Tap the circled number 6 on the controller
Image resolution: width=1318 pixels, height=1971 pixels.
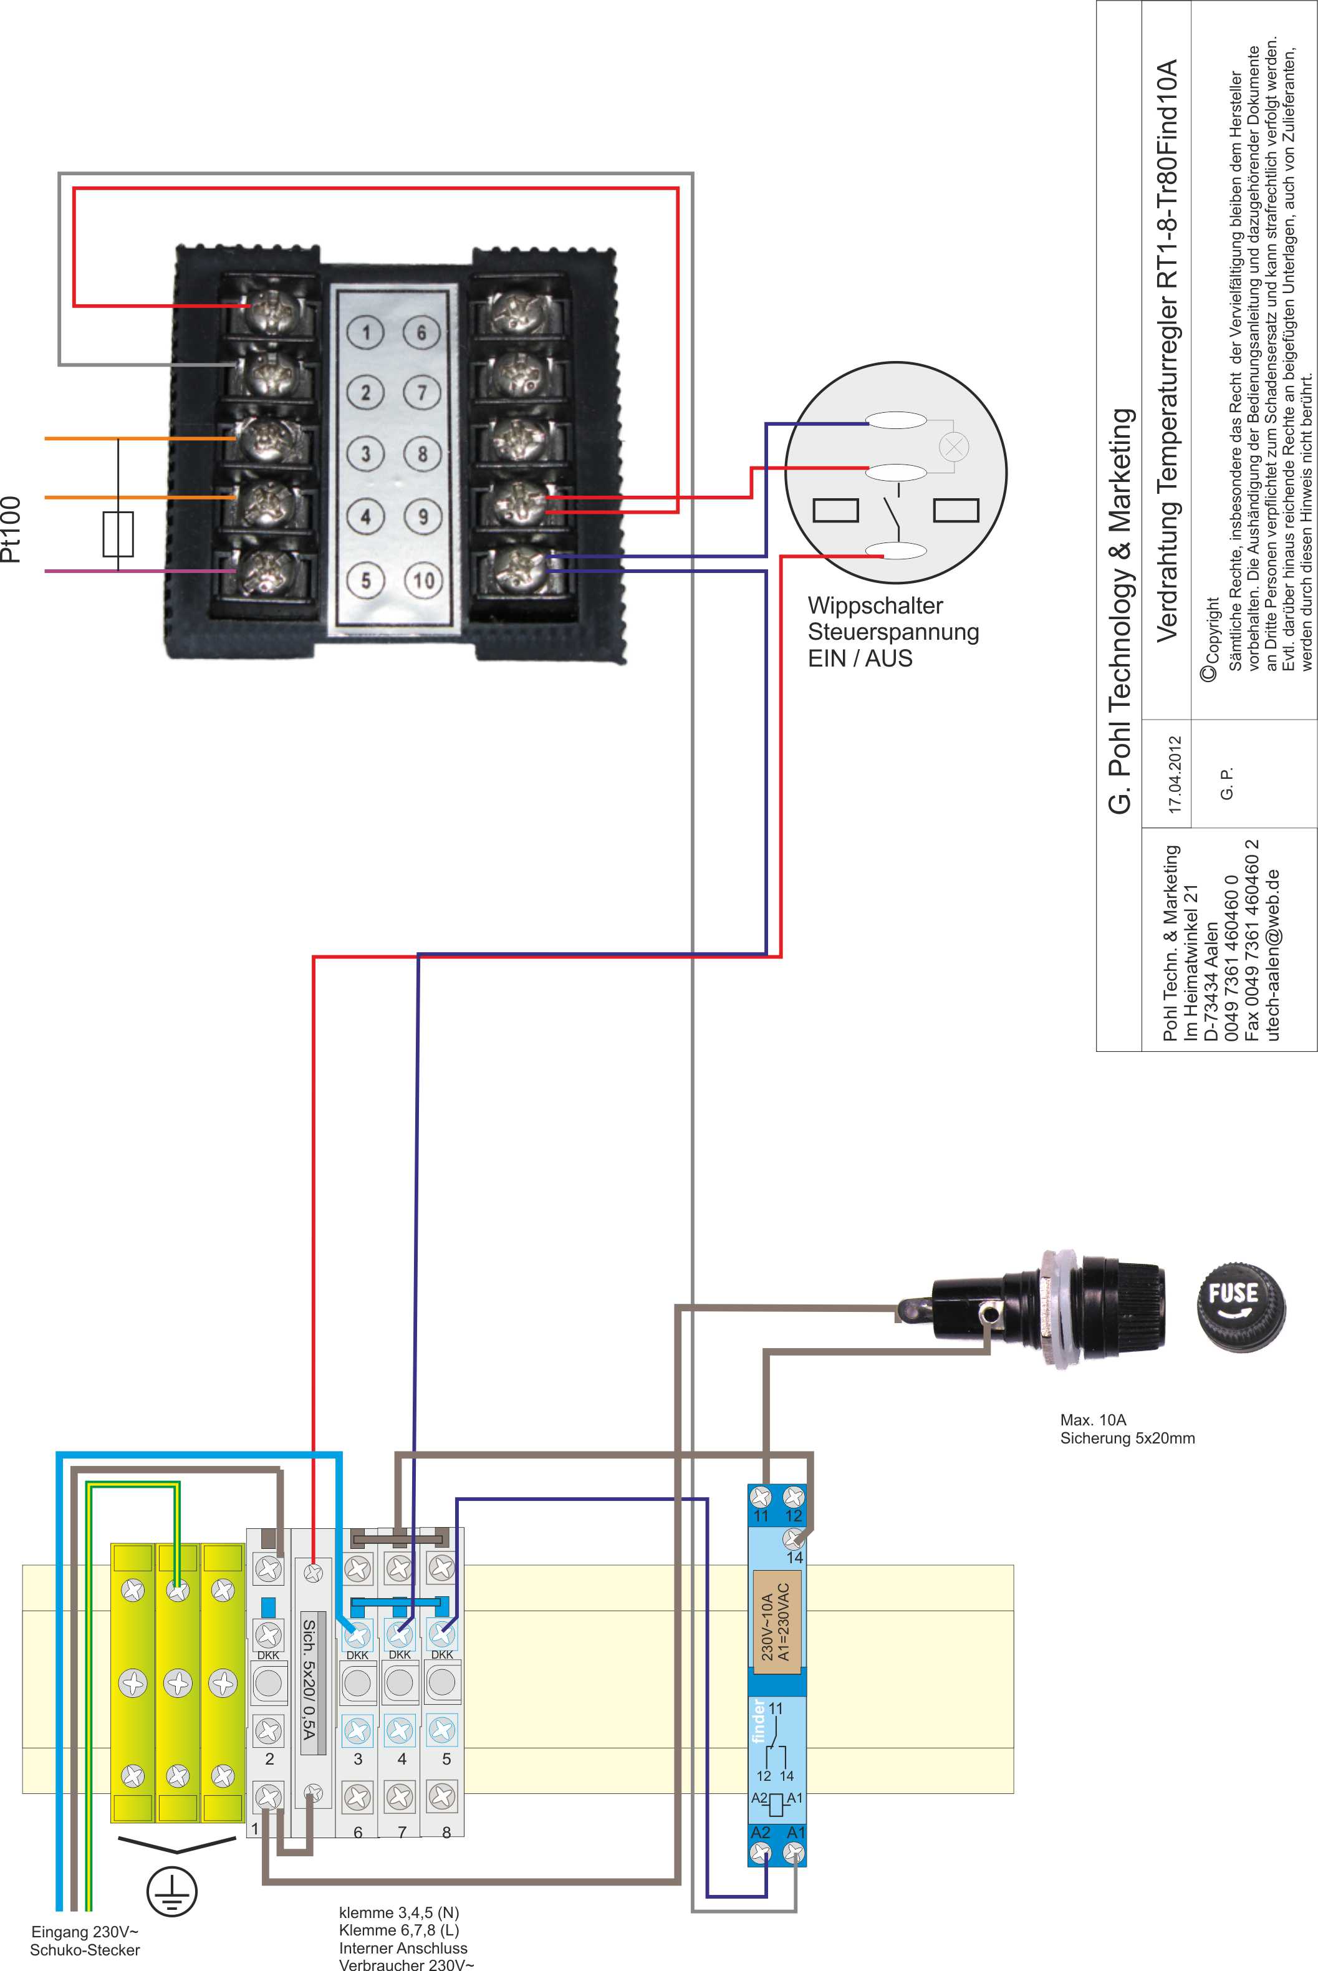click(422, 332)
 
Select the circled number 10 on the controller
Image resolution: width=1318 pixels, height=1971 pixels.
click(424, 580)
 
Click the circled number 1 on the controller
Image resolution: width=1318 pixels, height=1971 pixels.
click(365, 332)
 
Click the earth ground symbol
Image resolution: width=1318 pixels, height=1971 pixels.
click(171, 1891)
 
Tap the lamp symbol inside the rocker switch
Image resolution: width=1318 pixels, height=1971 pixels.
click(953, 446)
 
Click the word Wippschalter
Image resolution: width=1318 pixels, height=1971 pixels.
click(875, 605)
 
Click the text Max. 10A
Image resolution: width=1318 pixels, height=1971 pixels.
click(1093, 1420)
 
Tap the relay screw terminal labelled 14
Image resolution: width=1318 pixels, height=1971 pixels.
click(794, 1538)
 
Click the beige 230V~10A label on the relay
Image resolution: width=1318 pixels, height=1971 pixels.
click(777, 1621)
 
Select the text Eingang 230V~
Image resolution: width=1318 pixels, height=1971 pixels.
click(84, 1932)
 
